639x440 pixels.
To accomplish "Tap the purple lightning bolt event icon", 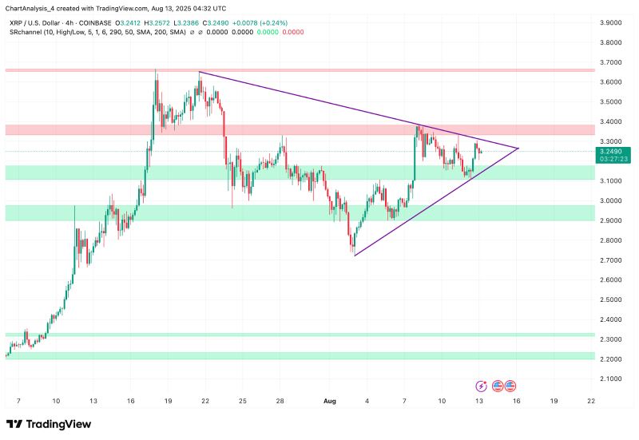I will pyautogui.click(x=482, y=385).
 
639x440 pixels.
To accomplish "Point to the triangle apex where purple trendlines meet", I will pyautogui.click(x=519, y=149).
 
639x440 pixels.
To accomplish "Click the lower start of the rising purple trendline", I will pyautogui.click(x=354, y=256).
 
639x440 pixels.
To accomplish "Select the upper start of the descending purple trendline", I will pyautogui.click(x=199, y=73).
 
